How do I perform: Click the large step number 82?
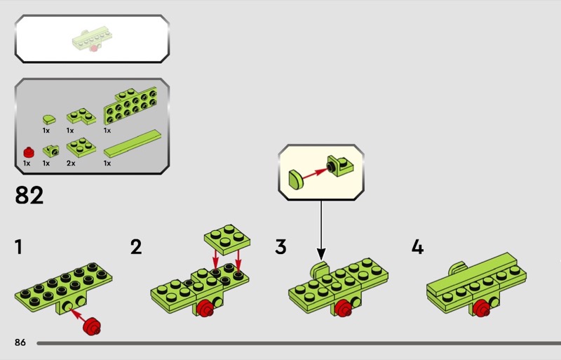pyautogui.click(x=29, y=195)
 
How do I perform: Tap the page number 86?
pyautogui.click(x=20, y=342)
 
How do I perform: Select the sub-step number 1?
pyautogui.click(x=18, y=247)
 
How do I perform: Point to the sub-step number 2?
pyautogui.click(x=136, y=247)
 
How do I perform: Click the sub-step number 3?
pyautogui.click(x=281, y=247)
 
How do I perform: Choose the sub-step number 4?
pyautogui.click(x=417, y=247)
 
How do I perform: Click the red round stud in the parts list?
pyautogui.click(x=29, y=152)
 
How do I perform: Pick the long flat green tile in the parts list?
pyautogui.click(x=133, y=144)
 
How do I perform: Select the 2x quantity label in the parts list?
pyautogui.click(x=71, y=164)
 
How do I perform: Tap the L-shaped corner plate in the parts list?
pyautogui.click(x=81, y=116)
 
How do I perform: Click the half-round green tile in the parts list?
pyautogui.click(x=49, y=119)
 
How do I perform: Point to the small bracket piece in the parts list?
pyautogui.click(x=50, y=151)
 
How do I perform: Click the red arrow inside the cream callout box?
pyautogui.click(x=314, y=173)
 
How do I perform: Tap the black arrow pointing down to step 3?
pyautogui.click(x=321, y=230)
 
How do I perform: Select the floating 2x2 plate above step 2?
pyautogui.click(x=227, y=239)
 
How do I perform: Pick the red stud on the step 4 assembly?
pyautogui.click(x=482, y=309)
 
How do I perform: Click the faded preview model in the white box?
pyautogui.click(x=93, y=39)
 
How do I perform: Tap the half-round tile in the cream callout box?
pyautogui.click(x=296, y=180)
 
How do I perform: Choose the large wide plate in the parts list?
pyautogui.click(x=130, y=106)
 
